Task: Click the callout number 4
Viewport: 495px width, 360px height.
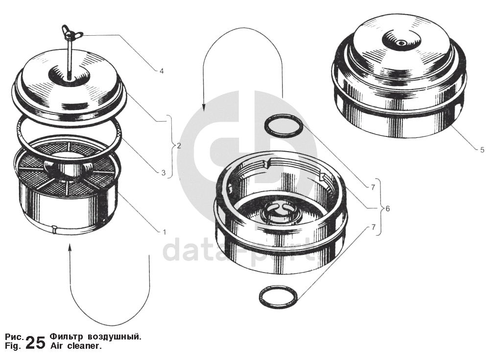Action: point(162,71)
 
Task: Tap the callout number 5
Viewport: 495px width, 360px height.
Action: point(482,150)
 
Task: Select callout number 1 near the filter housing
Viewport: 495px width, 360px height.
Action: point(164,232)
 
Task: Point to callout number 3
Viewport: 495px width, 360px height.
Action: point(163,173)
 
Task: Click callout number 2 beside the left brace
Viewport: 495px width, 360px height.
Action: point(179,146)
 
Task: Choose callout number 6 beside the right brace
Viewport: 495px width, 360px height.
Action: point(388,208)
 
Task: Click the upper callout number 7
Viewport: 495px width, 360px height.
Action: point(373,187)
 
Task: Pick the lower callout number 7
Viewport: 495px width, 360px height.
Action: point(374,227)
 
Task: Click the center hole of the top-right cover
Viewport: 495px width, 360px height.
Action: point(401,42)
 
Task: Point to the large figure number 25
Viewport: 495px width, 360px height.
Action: point(35,343)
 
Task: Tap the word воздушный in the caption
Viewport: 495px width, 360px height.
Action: point(114,337)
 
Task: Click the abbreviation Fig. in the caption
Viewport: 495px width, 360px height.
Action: point(13,346)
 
